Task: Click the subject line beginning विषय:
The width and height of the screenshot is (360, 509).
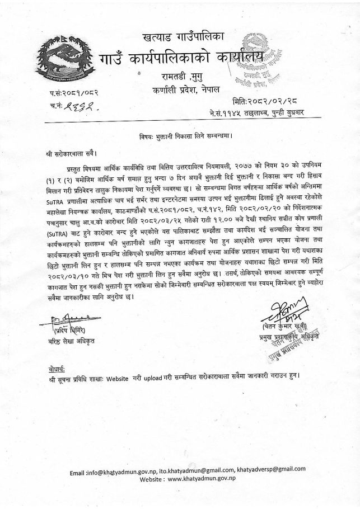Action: pyautogui.click(x=185, y=136)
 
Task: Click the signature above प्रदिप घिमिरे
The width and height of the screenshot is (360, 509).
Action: pyautogui.click(x=66, y=321)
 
